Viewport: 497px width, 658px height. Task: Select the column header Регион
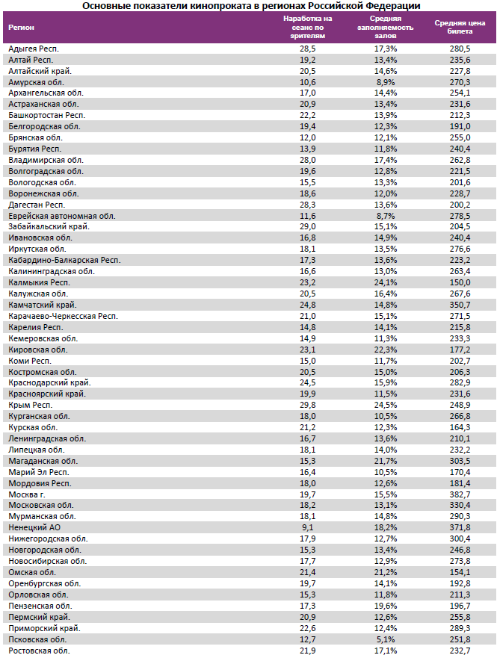20,27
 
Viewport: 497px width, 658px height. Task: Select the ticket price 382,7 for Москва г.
460,494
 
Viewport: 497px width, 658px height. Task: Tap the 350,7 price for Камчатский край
460,305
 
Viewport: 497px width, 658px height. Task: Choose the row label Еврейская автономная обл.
61,215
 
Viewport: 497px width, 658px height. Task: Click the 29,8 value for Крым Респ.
308,404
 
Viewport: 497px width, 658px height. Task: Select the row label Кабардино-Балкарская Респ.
64,260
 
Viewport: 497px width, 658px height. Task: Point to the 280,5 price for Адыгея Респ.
460,48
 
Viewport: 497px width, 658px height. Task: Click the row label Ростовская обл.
39,651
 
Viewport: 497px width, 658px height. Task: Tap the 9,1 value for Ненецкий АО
308,527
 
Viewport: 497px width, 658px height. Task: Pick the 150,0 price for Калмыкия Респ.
460,282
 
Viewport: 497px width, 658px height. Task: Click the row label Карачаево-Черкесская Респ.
63,316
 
